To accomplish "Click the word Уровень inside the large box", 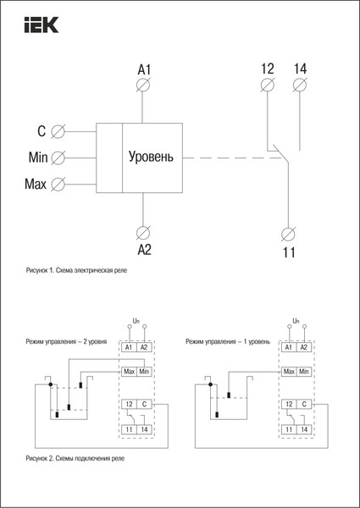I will (152, 157).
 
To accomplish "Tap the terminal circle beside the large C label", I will (58, 131).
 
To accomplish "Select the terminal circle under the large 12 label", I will (267, 85).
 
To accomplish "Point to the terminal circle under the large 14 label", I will (299, 85).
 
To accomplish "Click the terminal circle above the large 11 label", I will (288, 233).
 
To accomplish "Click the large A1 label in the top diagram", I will (143, 68).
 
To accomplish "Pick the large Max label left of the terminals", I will (36, 183).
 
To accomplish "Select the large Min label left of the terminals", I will (37, 157).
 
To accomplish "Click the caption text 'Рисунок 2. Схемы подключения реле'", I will (80, 458).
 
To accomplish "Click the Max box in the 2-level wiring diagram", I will (129, 371).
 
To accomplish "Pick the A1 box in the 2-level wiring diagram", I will (129, 347).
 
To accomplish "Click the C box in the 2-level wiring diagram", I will (144, 406).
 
